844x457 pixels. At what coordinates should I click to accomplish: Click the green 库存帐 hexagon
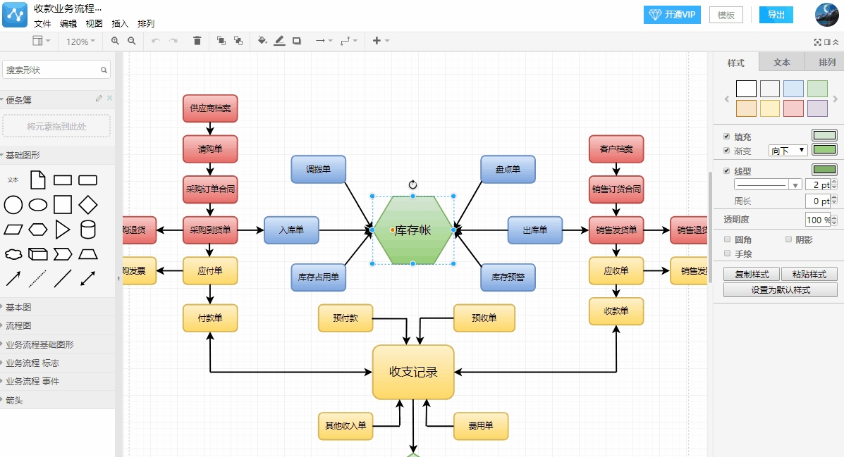coord(413,230)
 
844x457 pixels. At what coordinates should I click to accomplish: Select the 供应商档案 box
coord(210,108)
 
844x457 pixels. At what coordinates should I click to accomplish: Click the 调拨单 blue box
coord(318,170)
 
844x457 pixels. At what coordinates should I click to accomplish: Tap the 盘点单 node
coord(508,170)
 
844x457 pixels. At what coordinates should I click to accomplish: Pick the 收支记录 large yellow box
coord(413,372)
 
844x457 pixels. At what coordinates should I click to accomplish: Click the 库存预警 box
coord(508,277)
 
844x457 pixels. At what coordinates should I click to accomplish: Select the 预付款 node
coord(345,318)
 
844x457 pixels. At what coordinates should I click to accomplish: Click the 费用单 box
coord(480,426)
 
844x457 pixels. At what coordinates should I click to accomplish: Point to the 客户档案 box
coord(616,149)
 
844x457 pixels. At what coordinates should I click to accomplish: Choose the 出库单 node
coord(535,230)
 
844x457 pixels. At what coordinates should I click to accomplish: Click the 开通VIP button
coord(672,15)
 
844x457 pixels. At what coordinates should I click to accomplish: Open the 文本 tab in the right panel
coord(782,63)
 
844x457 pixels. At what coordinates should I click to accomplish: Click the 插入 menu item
coord(120,23)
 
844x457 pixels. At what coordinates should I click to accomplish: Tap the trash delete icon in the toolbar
coord(197,41)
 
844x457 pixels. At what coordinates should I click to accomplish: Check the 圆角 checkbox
coord(728,239)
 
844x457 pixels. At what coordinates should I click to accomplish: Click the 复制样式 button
coord(751,275)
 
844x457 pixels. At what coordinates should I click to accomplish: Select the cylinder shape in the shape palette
coord(88,229)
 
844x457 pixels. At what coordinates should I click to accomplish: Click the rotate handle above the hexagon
coord(413,184)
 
